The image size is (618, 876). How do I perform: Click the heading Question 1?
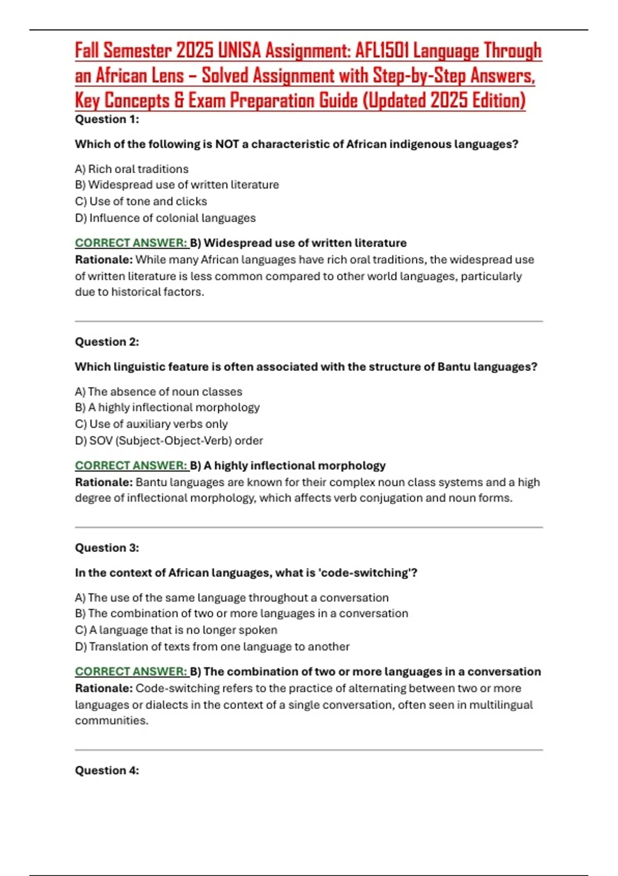[x=107, y=120]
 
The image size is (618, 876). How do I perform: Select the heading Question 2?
[x=107, y=342]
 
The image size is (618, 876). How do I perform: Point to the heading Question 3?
[x=107, y=548]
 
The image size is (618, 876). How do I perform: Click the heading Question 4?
[x=107, y=771]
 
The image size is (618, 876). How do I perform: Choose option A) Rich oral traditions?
[x=132, y=169]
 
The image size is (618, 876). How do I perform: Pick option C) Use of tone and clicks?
[x=141, y=201]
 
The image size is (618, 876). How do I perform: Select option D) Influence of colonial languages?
[x=165, y=218]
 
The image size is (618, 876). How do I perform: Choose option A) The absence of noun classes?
[x=159, y=392]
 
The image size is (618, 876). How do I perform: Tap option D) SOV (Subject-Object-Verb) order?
[x=169, y=441]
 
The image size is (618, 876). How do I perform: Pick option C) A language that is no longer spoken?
[x=176, y=630]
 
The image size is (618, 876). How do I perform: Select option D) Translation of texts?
[x=212, y=647]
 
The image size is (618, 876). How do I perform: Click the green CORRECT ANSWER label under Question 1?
[x=131, y=243]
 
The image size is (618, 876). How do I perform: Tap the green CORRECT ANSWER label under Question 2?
[x=131, y=466]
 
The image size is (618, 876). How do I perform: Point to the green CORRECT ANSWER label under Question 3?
[x=131, y=672]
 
